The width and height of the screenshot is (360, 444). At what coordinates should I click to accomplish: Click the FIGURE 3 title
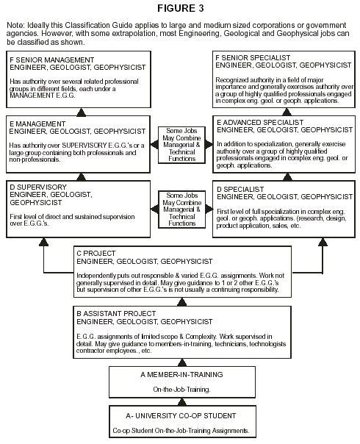[x=180, y=8]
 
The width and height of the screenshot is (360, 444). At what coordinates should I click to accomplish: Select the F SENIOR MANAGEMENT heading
[x=51, y=60]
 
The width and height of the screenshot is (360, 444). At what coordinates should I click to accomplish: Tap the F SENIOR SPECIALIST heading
[x=253, y=58]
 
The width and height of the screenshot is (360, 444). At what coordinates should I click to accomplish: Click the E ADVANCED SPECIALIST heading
[x=260, y=123]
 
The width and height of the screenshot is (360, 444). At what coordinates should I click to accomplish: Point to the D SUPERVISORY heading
[x=38, y=187]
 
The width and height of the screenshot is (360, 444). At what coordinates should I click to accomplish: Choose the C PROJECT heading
[x=96, y=253]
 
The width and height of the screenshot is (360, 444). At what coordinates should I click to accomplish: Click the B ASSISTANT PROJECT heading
[x=116, y=313]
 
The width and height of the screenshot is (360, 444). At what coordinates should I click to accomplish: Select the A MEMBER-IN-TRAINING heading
[x=181, y=375]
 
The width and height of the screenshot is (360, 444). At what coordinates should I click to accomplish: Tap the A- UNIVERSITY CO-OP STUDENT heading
[x=181, y=415]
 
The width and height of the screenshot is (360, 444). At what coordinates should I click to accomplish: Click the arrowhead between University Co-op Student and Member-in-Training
[x=182, y=402]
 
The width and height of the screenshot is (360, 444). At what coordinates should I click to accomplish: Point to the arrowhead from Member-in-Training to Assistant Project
[x=182, y=362]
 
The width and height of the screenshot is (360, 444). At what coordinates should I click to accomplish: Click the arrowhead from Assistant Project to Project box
[x=181, y=302]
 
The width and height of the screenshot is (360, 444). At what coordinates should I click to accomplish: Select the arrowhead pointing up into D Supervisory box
[x=43, y=242]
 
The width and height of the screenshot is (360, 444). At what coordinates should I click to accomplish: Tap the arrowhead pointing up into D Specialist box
[x=323, y=242]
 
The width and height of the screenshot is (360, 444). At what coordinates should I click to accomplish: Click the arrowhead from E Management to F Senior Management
[x=82, y=112]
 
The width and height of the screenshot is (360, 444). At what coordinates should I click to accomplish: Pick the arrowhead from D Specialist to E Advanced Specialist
[x=287, y=177]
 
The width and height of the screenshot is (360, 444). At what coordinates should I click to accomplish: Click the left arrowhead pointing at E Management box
[x=154, y=144]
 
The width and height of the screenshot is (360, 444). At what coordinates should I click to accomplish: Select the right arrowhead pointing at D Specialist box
[x=209, y=209]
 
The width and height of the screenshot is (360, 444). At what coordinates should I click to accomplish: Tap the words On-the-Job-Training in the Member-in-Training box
[x=181, y=390]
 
